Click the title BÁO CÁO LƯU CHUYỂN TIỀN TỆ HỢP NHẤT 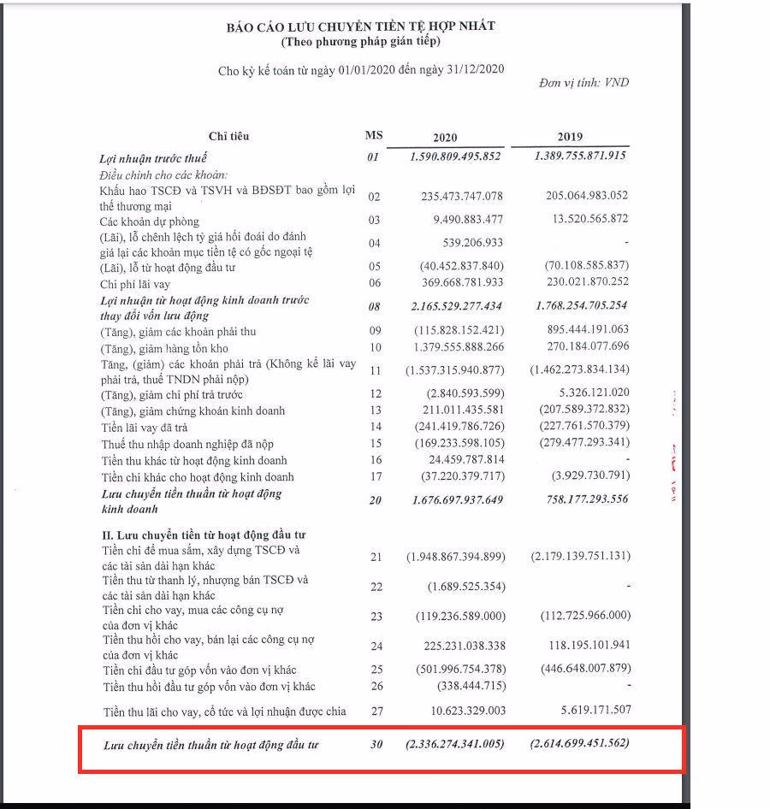click(360, 27)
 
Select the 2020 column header click(445, 138)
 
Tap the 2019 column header click(570, 137)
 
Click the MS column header click(374, 136)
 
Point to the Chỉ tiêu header click(228, 136)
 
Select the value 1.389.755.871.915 click(580, 156)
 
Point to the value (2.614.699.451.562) click(579, 743)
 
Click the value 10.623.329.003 click(463, 711)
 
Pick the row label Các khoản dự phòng click(150, 221)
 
